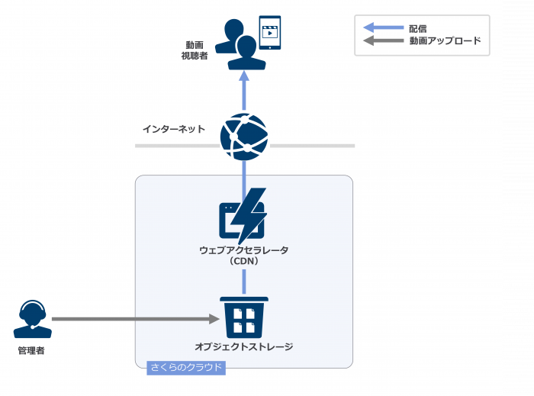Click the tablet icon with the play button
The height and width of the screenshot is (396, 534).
coord(269,33)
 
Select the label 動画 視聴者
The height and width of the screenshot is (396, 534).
coord(194,50)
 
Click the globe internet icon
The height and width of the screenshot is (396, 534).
coord(244,137)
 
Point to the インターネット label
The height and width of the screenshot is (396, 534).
coord(174,129)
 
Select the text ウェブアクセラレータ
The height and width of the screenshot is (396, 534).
coord(244,250)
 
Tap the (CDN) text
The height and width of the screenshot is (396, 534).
coord(244,262)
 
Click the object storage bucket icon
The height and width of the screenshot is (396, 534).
coord(244,317)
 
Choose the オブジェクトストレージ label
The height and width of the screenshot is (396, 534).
coord(244,347)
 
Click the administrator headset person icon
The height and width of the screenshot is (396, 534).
coord(32,319)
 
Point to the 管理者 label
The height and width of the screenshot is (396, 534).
coord(32,350)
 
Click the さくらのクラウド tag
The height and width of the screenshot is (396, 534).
coord(186,368)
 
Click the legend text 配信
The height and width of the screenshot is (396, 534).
coord(418,28)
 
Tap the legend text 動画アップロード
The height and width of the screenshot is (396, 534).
coord(445,41)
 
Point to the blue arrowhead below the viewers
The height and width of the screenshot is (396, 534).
coord(244,76)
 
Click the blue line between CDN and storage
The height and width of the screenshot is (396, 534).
coord(244,280)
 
